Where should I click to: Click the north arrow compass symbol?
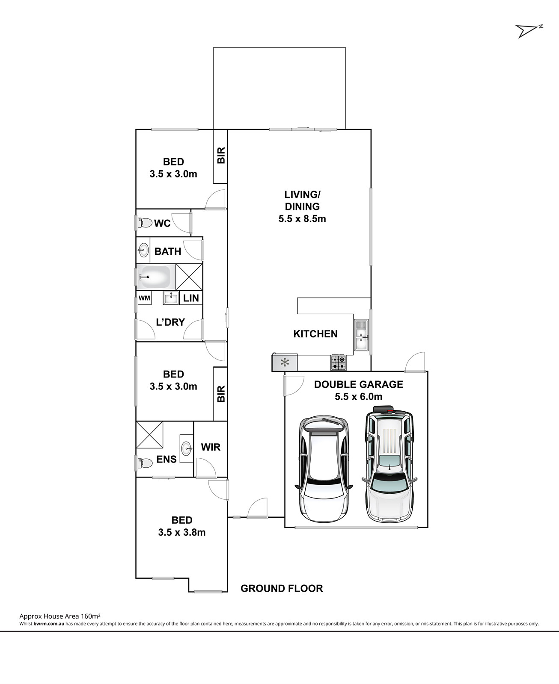pos(529,31)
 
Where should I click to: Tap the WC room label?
pos(162,224)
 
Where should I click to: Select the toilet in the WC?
pos(145,223)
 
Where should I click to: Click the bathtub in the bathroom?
pos(153,277)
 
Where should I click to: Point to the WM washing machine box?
pos(145,298)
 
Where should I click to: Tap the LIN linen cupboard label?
pos(191,298)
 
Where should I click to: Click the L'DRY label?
pos(170,322)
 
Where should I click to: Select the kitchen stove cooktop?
pos(339,362)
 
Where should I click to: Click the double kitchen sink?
pos(361,335)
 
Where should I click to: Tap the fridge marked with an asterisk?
pos(285,362)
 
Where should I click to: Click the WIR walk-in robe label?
pos(211,447)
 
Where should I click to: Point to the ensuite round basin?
pos(187,448)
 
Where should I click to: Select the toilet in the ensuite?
pos(145,463)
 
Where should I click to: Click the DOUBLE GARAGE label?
pos(359,384)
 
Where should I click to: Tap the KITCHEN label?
pos(315,334)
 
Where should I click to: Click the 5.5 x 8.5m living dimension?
pos(302,218)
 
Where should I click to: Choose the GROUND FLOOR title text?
pos(282,588)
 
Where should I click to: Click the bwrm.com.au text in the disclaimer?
pos(49,624)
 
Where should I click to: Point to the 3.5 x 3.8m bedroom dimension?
pos(182,532)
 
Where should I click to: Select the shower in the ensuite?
pos(149,435)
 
